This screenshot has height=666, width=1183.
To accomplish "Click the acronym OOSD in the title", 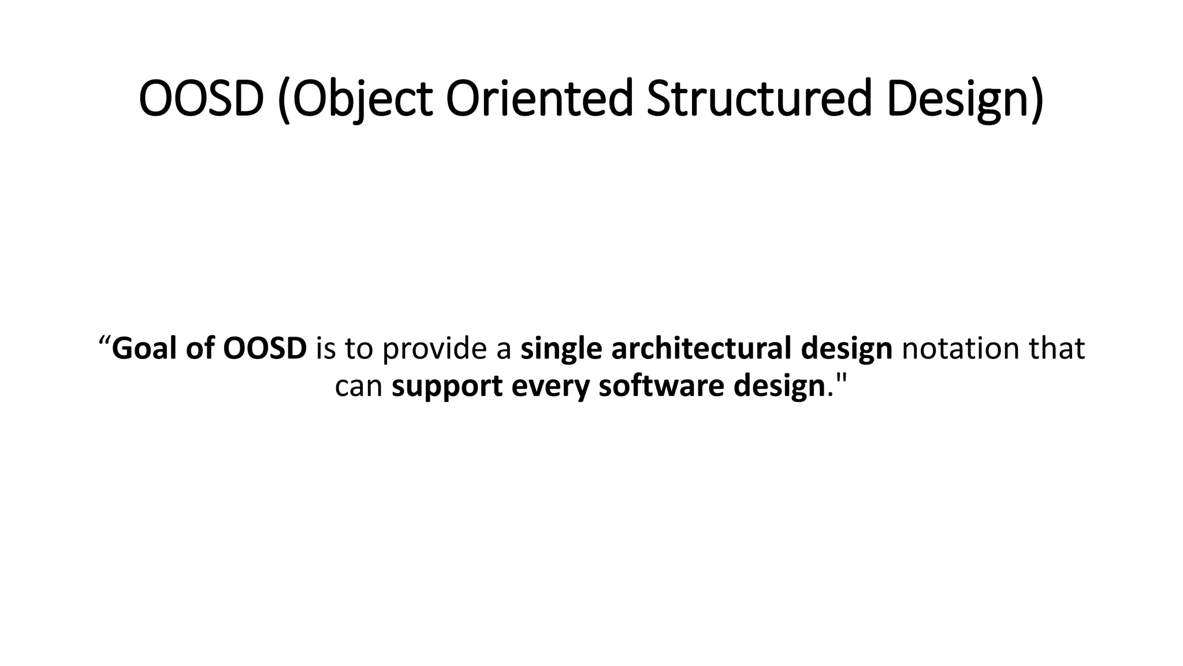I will [201, 99].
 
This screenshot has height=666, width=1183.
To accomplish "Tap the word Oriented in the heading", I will [540, 99].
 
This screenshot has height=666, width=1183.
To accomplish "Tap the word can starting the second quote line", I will [358, 386].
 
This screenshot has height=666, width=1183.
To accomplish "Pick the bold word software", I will [661, 386].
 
